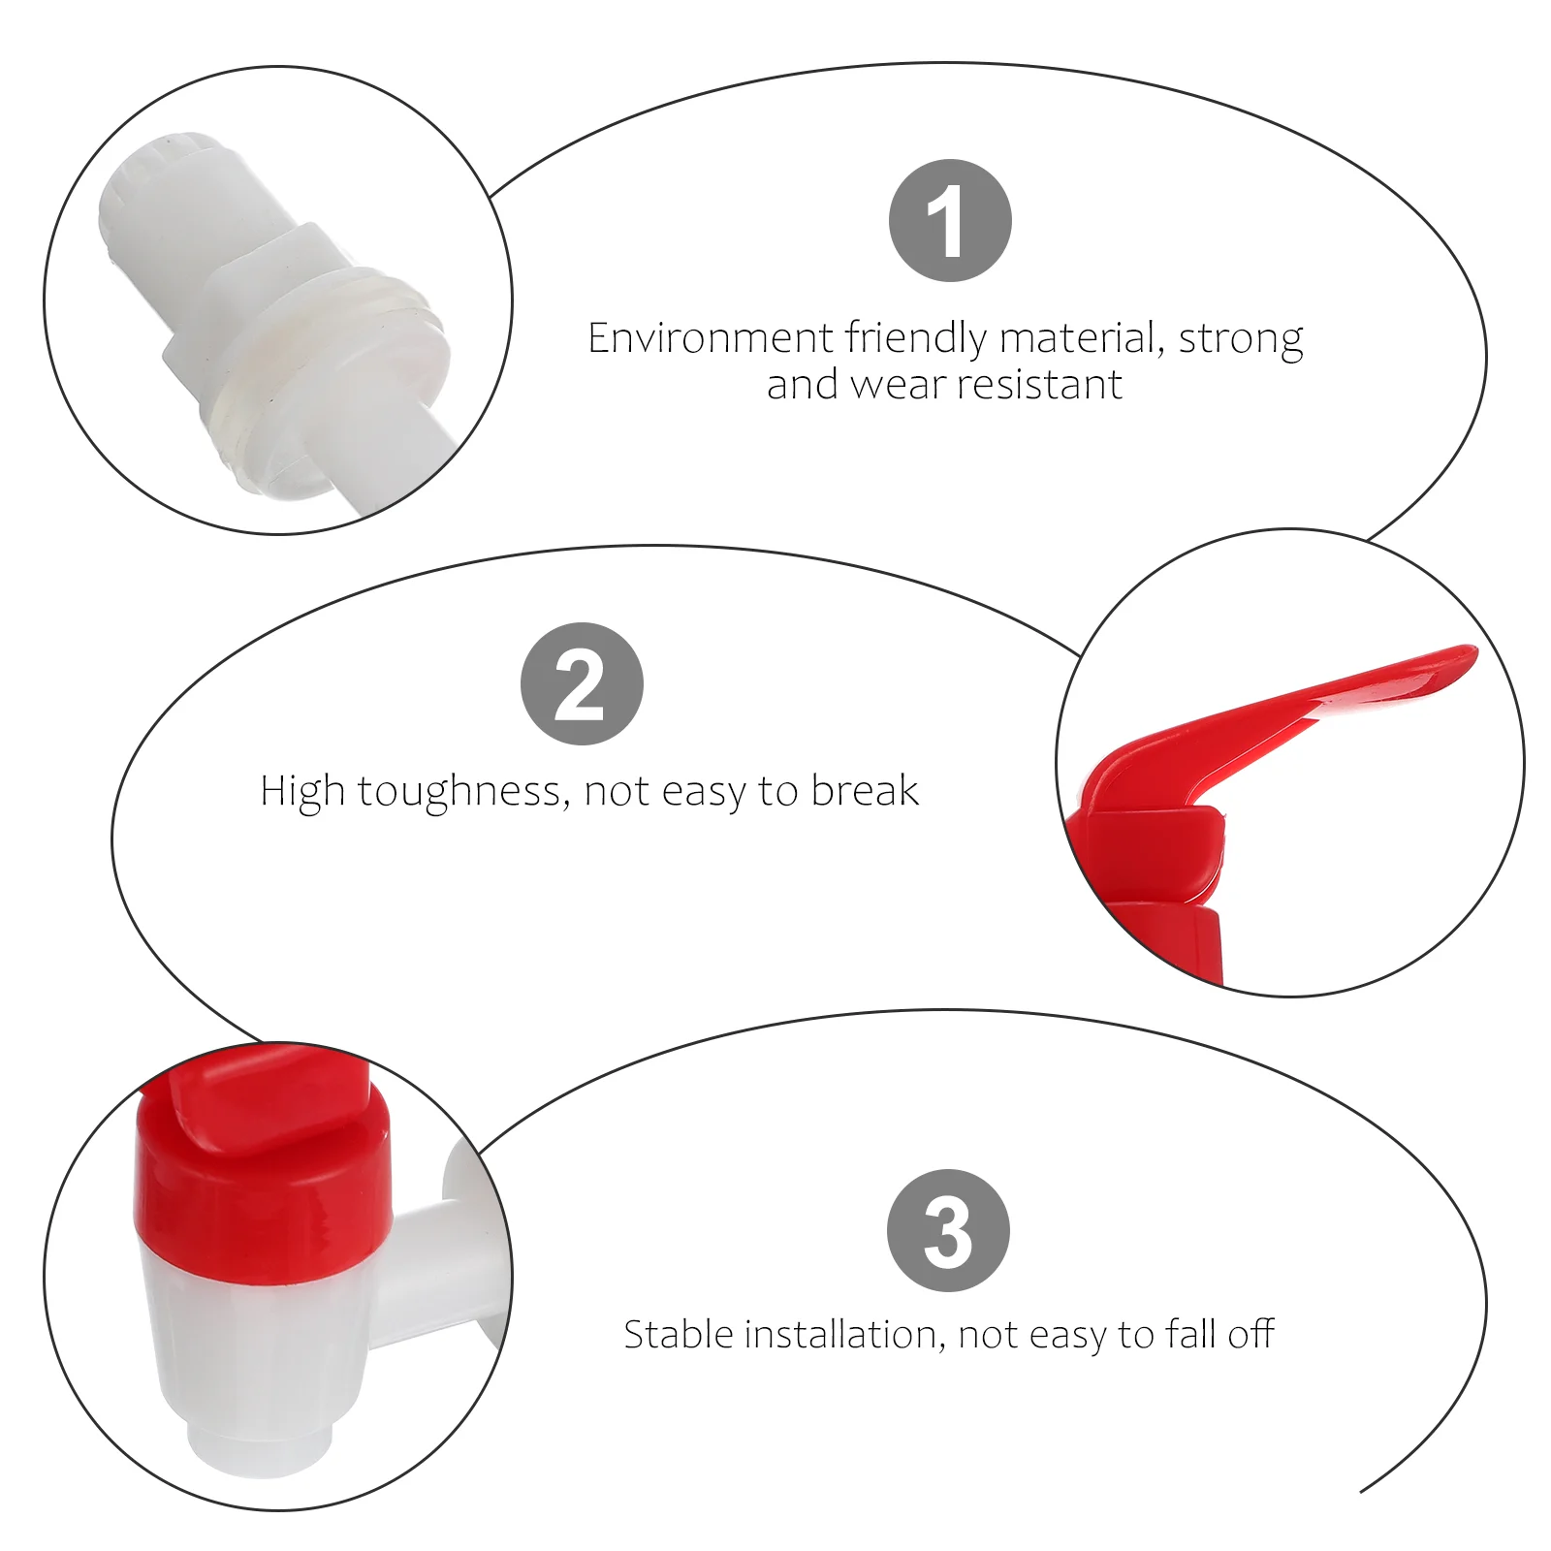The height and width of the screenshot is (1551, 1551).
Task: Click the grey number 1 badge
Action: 950,221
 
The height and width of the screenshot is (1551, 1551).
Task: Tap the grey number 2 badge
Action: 582,683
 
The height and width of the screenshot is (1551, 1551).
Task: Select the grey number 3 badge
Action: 948,1230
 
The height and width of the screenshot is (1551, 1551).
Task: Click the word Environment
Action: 711,338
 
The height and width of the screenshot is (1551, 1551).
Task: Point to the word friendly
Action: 916,340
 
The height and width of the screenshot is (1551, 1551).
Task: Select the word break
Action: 865,790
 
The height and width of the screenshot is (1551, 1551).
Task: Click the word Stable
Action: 679,1335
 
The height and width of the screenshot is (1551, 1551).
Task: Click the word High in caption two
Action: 302,793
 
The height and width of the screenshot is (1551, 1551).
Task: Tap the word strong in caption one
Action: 1241,340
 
